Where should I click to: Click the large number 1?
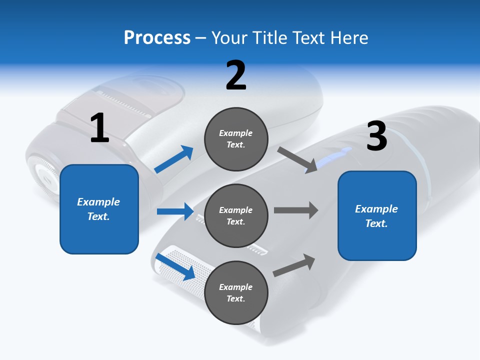tap(99, 128)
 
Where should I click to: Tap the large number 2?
tap(236, 75)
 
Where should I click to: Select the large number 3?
tap(376, 136)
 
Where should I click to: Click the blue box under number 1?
tap(99, 209)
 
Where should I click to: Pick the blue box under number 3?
tap(377, 215)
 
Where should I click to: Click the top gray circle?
tap(236, 139)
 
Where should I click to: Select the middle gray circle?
tap(236, 215)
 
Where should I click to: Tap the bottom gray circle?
tap(236, 292)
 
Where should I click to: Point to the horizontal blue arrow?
tap(175, 211)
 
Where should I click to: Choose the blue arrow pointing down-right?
tap(175, 266)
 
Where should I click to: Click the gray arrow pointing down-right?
tap(297, 159)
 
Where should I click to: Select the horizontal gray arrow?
tap(296, 210)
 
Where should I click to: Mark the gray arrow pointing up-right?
tap(294, 265)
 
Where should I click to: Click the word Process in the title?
tap(157, 38)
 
